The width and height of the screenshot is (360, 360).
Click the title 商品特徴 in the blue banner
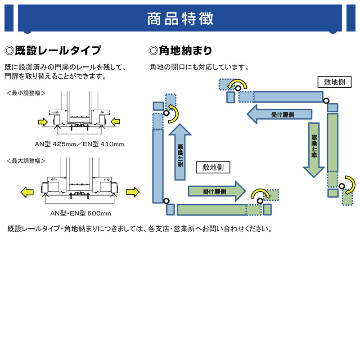pos(180,19)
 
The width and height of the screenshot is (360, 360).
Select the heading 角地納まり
pos(180,50)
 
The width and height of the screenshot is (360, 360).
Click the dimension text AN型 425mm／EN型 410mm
pos(79,144)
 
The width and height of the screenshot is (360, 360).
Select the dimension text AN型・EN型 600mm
pos(79,213)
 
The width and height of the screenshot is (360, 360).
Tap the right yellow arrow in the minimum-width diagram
pos(115,121)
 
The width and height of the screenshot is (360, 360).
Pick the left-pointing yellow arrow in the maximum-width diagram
pos(27,192)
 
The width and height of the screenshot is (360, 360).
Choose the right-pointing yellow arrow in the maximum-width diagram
pos(132,192)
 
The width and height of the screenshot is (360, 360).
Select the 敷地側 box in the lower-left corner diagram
pos(213,167)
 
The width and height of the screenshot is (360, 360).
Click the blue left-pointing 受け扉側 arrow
pos(279,114)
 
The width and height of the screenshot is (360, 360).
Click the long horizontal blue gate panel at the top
pos(288,97)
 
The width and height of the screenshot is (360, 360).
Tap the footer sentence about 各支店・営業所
pos(139,229)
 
